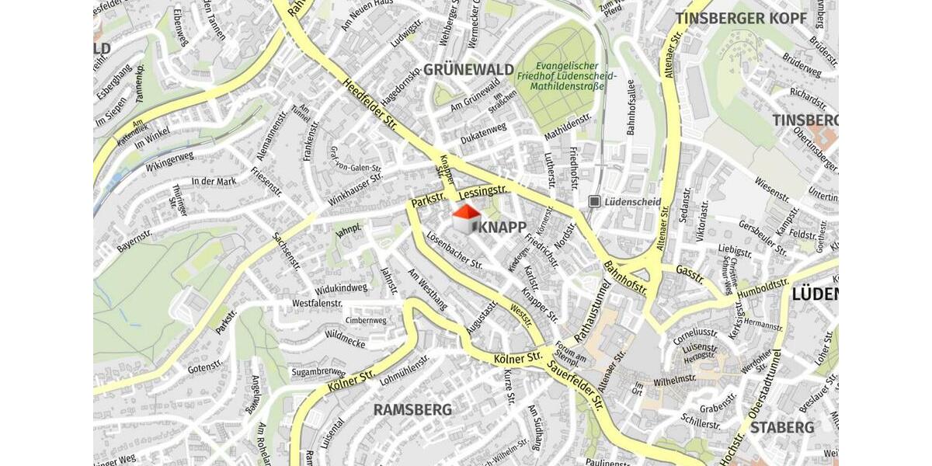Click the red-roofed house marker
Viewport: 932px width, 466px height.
point(466,219)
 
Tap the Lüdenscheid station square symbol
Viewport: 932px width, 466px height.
point(595,201)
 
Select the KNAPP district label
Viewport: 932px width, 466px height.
point(503,227)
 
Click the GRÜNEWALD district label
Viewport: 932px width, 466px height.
point(468,70)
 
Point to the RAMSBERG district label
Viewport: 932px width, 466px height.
point(412,409)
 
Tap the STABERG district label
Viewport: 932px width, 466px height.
point(782,427)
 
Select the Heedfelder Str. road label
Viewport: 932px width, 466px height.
point(369,108)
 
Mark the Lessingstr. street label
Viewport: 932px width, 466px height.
point(482,190)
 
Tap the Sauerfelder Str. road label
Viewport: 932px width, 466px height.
point(576,386)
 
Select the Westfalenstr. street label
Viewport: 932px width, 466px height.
point(318,303)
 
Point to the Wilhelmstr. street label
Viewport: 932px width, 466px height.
point(675,380)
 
